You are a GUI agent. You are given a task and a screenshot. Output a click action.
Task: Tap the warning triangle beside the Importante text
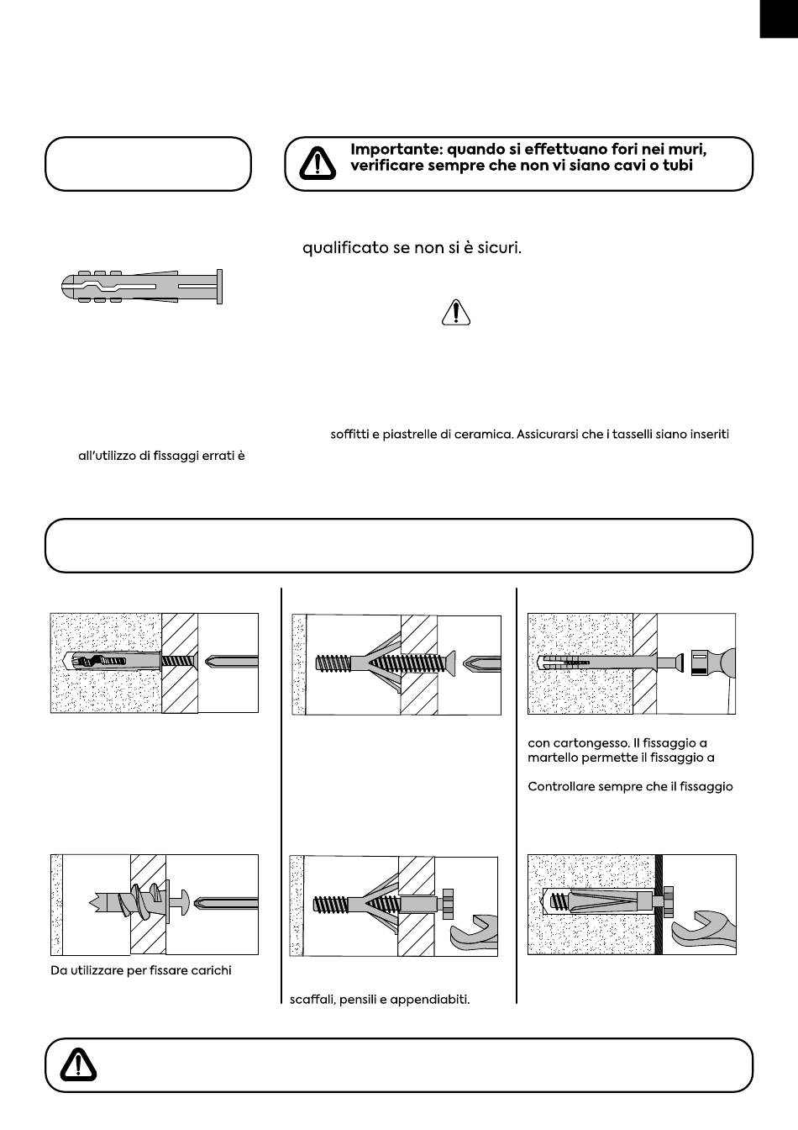click(318, 163)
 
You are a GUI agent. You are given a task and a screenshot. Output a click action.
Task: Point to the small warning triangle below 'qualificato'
click(456, 312)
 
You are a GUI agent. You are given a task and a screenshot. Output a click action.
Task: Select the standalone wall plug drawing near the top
click(142, 287)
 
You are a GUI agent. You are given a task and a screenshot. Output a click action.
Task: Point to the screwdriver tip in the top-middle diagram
click(482, 663)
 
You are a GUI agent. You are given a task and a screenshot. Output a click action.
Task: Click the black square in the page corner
click(779, 18)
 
